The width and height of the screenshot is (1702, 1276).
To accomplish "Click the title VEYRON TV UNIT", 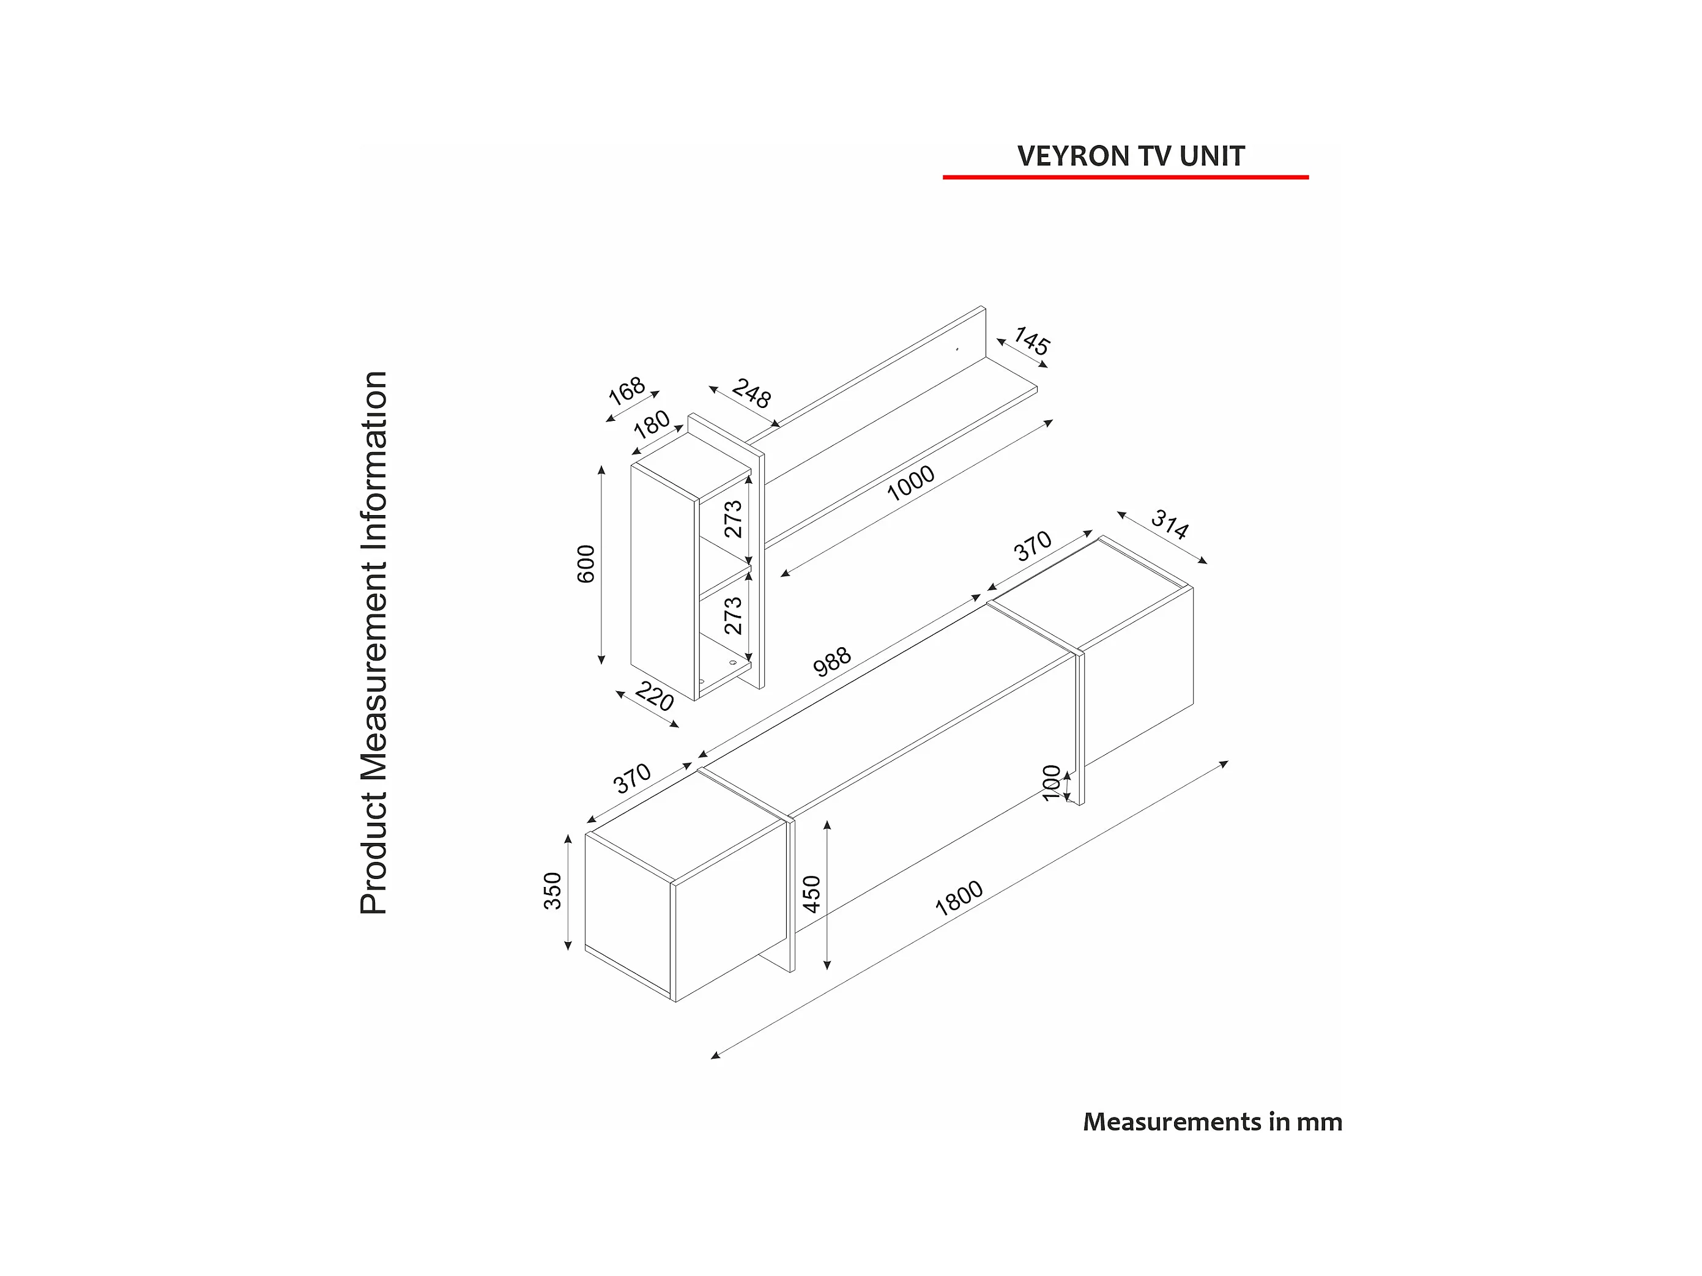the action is (x=1131, y=156).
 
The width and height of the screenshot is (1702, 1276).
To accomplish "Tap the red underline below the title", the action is (x=1126, y=177).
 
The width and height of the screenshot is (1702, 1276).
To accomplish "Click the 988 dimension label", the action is (x=832, y=661).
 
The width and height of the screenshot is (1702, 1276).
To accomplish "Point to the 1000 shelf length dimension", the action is (x=910, y=483).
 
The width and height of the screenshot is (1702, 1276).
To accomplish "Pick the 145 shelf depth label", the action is (x=1031, y=341).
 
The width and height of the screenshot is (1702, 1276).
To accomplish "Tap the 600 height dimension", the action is (x=586, y=564).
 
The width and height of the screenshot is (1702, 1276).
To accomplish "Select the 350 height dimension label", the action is (x=552, y=891).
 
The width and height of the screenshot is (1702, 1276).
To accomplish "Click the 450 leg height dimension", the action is (x=812, y=894).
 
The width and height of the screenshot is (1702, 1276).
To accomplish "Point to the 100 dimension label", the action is (x=1051, y=783).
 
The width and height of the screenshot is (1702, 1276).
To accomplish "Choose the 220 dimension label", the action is (x=654, y=697).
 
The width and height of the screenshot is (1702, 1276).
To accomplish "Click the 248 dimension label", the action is (x=751, y=393).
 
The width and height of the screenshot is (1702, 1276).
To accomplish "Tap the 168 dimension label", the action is (x=626, y=391).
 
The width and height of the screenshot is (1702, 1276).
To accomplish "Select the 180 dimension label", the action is (x=651, y=425).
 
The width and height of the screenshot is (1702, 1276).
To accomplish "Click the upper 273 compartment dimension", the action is (x=734, y=519).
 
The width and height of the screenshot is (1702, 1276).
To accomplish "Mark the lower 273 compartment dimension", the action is (x=734, y=615).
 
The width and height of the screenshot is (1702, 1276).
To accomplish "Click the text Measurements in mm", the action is (x=1213, y=1122).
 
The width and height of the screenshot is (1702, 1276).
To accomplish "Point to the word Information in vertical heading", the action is (x=374, y=462).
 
